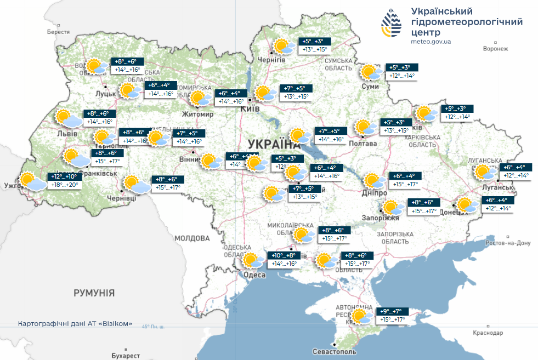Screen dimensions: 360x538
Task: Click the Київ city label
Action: (x=250, y=108)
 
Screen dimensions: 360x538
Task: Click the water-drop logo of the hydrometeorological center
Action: (x=392, y=25)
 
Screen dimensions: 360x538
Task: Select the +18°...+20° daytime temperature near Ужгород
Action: (x=65, y=185)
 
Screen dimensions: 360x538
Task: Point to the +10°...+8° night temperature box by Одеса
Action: (x=284, y=255)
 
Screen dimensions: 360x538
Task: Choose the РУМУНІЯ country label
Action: (x=94, y=293)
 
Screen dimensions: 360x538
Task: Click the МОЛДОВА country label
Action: (x=192, y=238)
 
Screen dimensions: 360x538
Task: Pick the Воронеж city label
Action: (x=496, y=49)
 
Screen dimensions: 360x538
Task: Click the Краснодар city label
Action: (x=487, y=333)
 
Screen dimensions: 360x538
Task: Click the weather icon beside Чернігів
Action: (x=284, y=46)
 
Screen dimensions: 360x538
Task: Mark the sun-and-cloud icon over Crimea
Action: (x=362, y=317)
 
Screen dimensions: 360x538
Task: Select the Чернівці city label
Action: (x=121, y=198)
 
